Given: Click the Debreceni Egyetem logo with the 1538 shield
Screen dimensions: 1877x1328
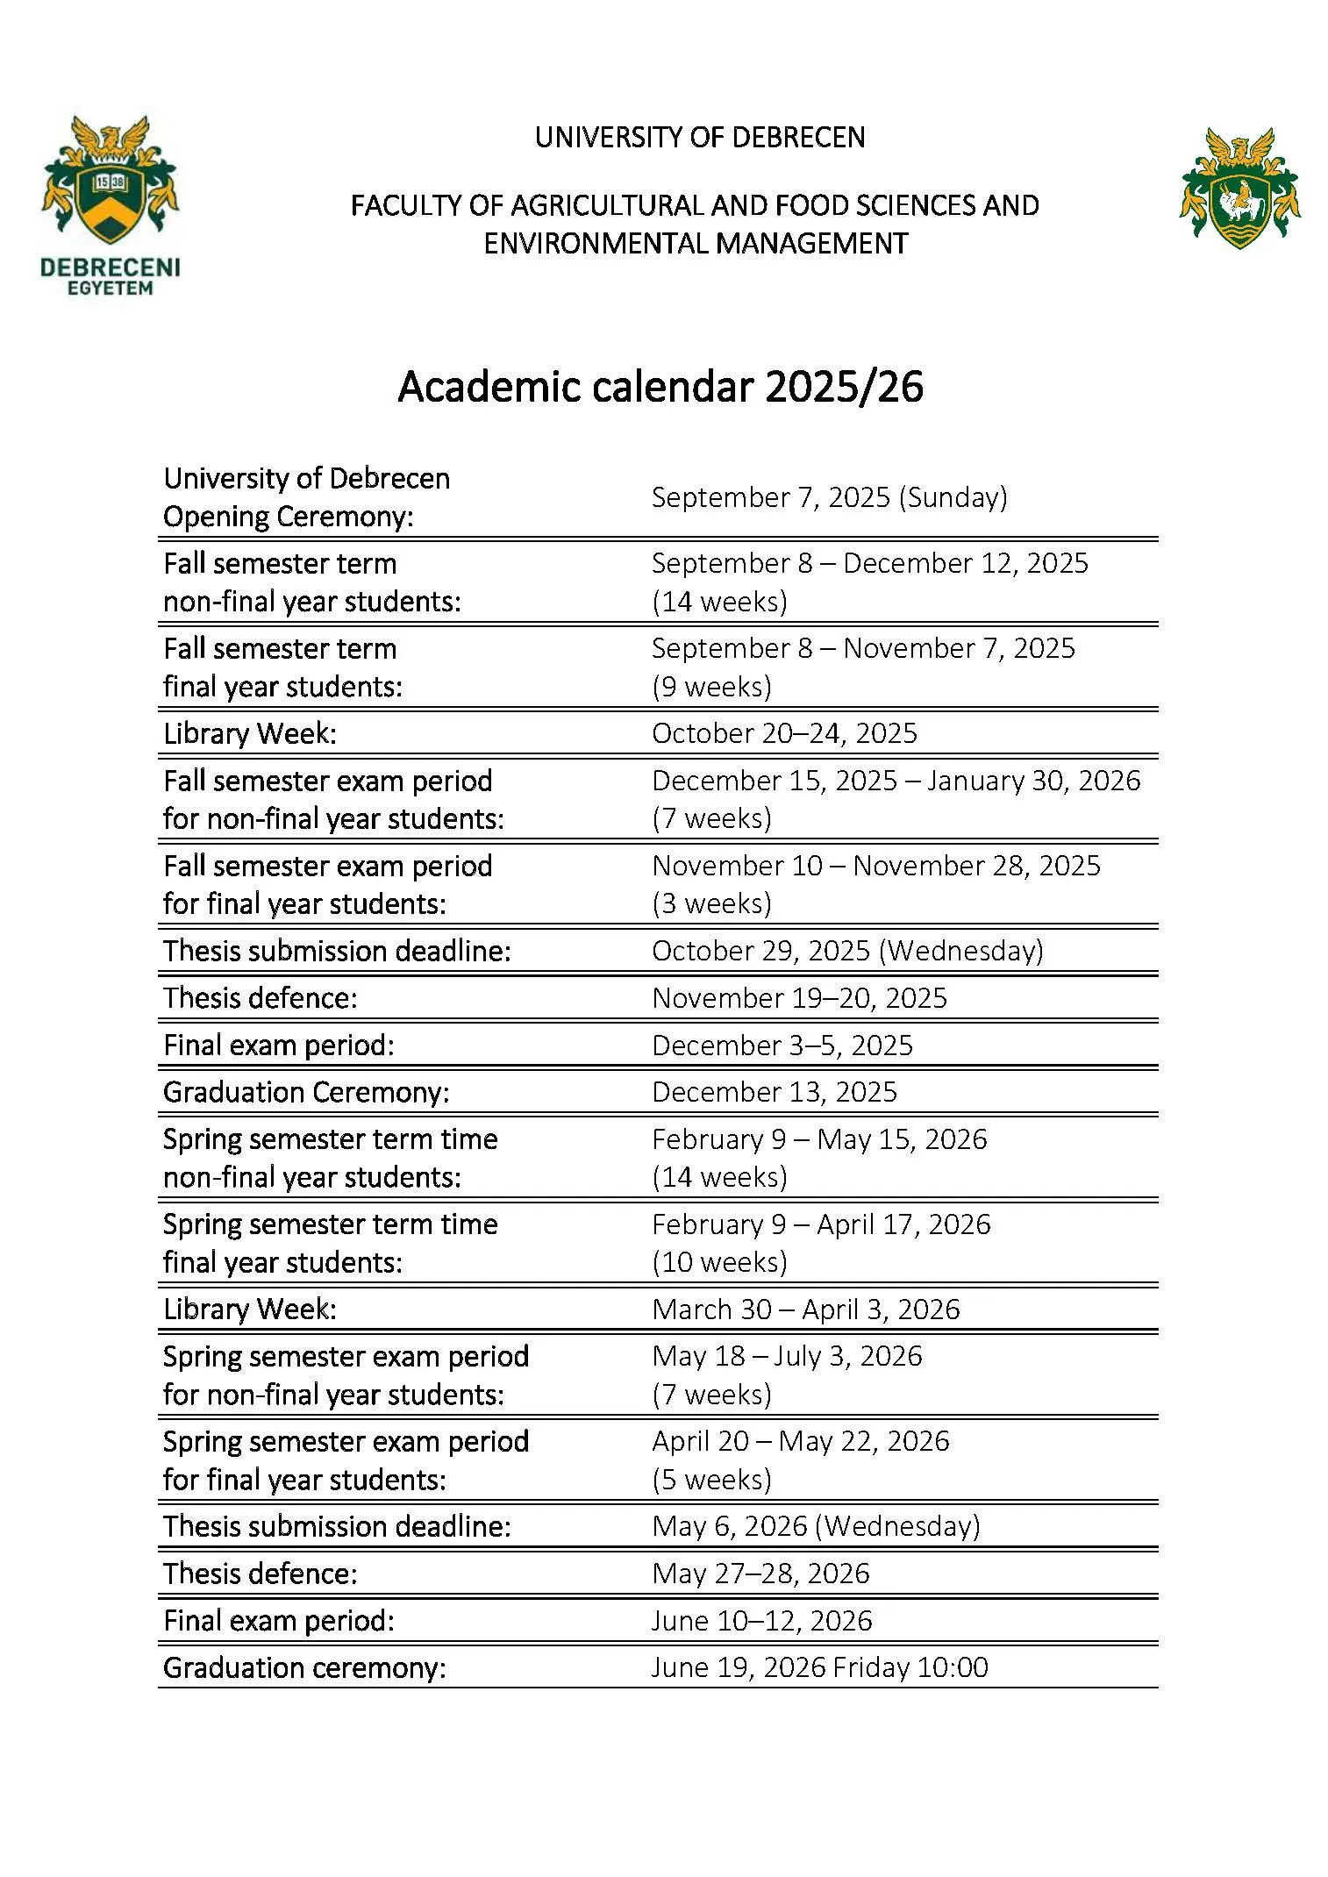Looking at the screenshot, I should [110, 203].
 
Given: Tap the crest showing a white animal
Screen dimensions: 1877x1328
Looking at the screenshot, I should [1239, 189].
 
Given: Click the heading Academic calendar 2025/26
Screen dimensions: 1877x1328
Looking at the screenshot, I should [660, 387].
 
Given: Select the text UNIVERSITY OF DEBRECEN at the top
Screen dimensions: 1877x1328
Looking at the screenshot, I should [699, 138].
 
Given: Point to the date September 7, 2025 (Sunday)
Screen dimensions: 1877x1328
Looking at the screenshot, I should [829, 497].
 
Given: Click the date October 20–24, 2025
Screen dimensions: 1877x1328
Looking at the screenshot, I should [784, 733].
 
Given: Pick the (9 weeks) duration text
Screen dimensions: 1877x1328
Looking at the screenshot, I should [711, 687].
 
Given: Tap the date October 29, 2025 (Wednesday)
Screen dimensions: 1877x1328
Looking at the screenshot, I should [847, 951].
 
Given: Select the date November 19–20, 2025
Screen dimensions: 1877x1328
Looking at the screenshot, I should [799, 998].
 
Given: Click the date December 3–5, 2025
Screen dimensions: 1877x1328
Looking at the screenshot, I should [782, 1046].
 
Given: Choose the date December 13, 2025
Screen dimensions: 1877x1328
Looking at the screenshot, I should [775, 1092].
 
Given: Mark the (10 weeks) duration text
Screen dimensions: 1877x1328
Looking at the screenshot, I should [719, 1262].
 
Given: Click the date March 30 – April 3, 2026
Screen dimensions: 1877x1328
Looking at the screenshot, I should [806, 1310].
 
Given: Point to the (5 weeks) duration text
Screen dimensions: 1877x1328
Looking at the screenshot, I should [711, 1480].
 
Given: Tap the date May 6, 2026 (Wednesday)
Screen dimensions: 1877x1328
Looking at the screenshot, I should [816, 1526].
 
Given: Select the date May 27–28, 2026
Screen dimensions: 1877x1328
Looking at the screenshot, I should [760, 1574].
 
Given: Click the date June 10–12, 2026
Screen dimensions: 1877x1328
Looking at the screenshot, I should [761, 1621].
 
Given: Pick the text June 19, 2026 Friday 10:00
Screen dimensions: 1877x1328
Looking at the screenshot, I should [819, 1667].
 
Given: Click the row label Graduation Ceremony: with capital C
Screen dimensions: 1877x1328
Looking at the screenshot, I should [306, 1092].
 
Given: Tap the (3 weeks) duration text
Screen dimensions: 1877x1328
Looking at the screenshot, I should [711, 903].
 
